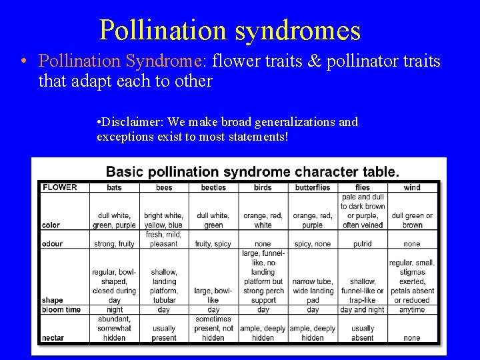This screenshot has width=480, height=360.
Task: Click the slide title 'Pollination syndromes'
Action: click(230, 30)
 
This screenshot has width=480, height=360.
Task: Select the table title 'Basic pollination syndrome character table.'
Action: click(253, 171)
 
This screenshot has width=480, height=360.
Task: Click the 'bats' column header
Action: click(114, 187)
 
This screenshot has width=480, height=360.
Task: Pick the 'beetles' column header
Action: click(213, 187)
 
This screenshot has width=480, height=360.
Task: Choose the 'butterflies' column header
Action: click(313, 187)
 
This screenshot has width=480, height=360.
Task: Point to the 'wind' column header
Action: click(412, 187)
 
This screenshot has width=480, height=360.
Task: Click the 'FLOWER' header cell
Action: click(60, 187)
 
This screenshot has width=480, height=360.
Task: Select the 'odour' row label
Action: click(53, 244)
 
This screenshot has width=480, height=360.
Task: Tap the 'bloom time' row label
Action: click(60, 310)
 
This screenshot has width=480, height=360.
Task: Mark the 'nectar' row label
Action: click(53, 337)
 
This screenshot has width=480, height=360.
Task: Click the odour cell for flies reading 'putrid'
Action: click(363, 244)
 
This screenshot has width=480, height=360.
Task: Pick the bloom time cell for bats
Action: click(114, 310)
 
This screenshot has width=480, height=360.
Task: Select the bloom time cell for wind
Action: click(412, 310)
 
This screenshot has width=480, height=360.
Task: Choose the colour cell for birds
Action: click(263, 221)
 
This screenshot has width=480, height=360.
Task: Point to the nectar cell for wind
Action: click(412, 337)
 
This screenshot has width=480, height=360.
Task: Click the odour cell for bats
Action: click(114, 244)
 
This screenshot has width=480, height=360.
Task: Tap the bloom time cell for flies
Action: click(363, 310)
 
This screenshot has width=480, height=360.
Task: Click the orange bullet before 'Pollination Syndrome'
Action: click(23, 62)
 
